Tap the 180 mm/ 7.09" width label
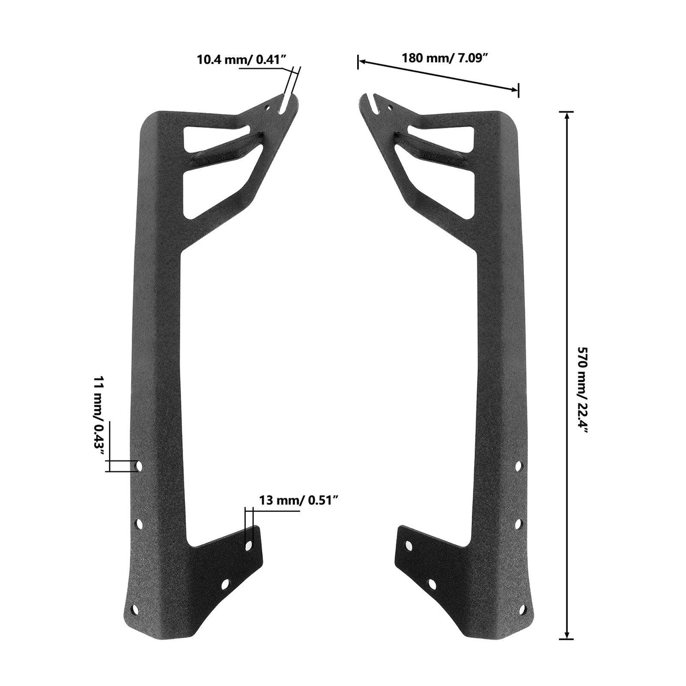coord(444,58)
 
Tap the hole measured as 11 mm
coord(140,466)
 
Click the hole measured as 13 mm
coord(249,545)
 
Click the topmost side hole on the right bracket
coord(518,466)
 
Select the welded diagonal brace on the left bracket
coord(226,148)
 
